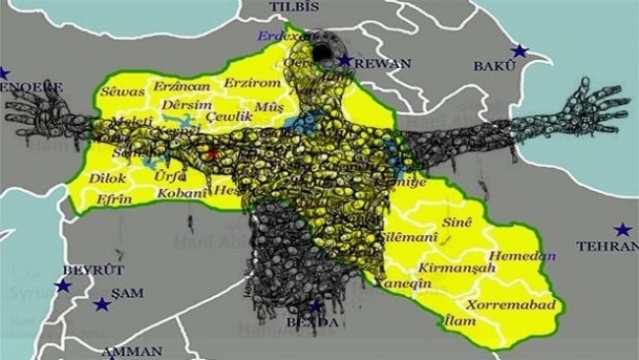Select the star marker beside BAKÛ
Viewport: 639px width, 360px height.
pyautogui.click(x=519, y=51)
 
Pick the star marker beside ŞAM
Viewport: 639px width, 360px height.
pyautogui.click(x=101, y=305)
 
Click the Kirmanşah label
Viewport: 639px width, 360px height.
pyautogui.click(x=453, y=267)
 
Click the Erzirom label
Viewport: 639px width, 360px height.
pyautogui.click(x=252, y=83)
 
